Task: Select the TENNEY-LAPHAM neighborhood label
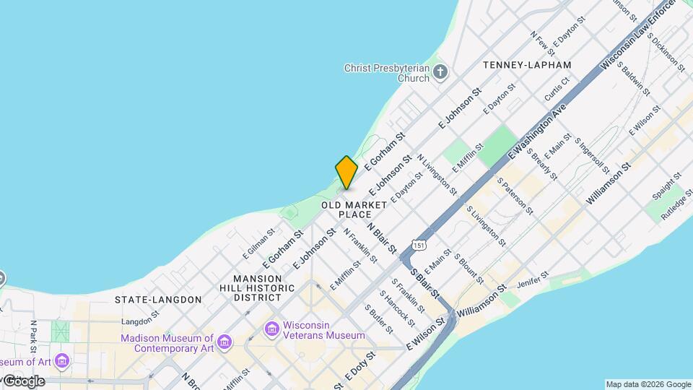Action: tap(527, 65)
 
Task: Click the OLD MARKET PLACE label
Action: tap(349, 209)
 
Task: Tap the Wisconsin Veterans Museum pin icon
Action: tap(272, 330)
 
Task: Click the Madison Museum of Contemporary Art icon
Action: tap(225, 341)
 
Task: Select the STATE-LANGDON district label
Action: tap(158, 299)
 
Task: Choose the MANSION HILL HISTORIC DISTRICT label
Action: tap(264, 287)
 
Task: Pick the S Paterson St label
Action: tap(514, 196)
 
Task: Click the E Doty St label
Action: tap(360, 367)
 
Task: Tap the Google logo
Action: tap(24, 381)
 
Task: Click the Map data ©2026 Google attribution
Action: tap(648, 384)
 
